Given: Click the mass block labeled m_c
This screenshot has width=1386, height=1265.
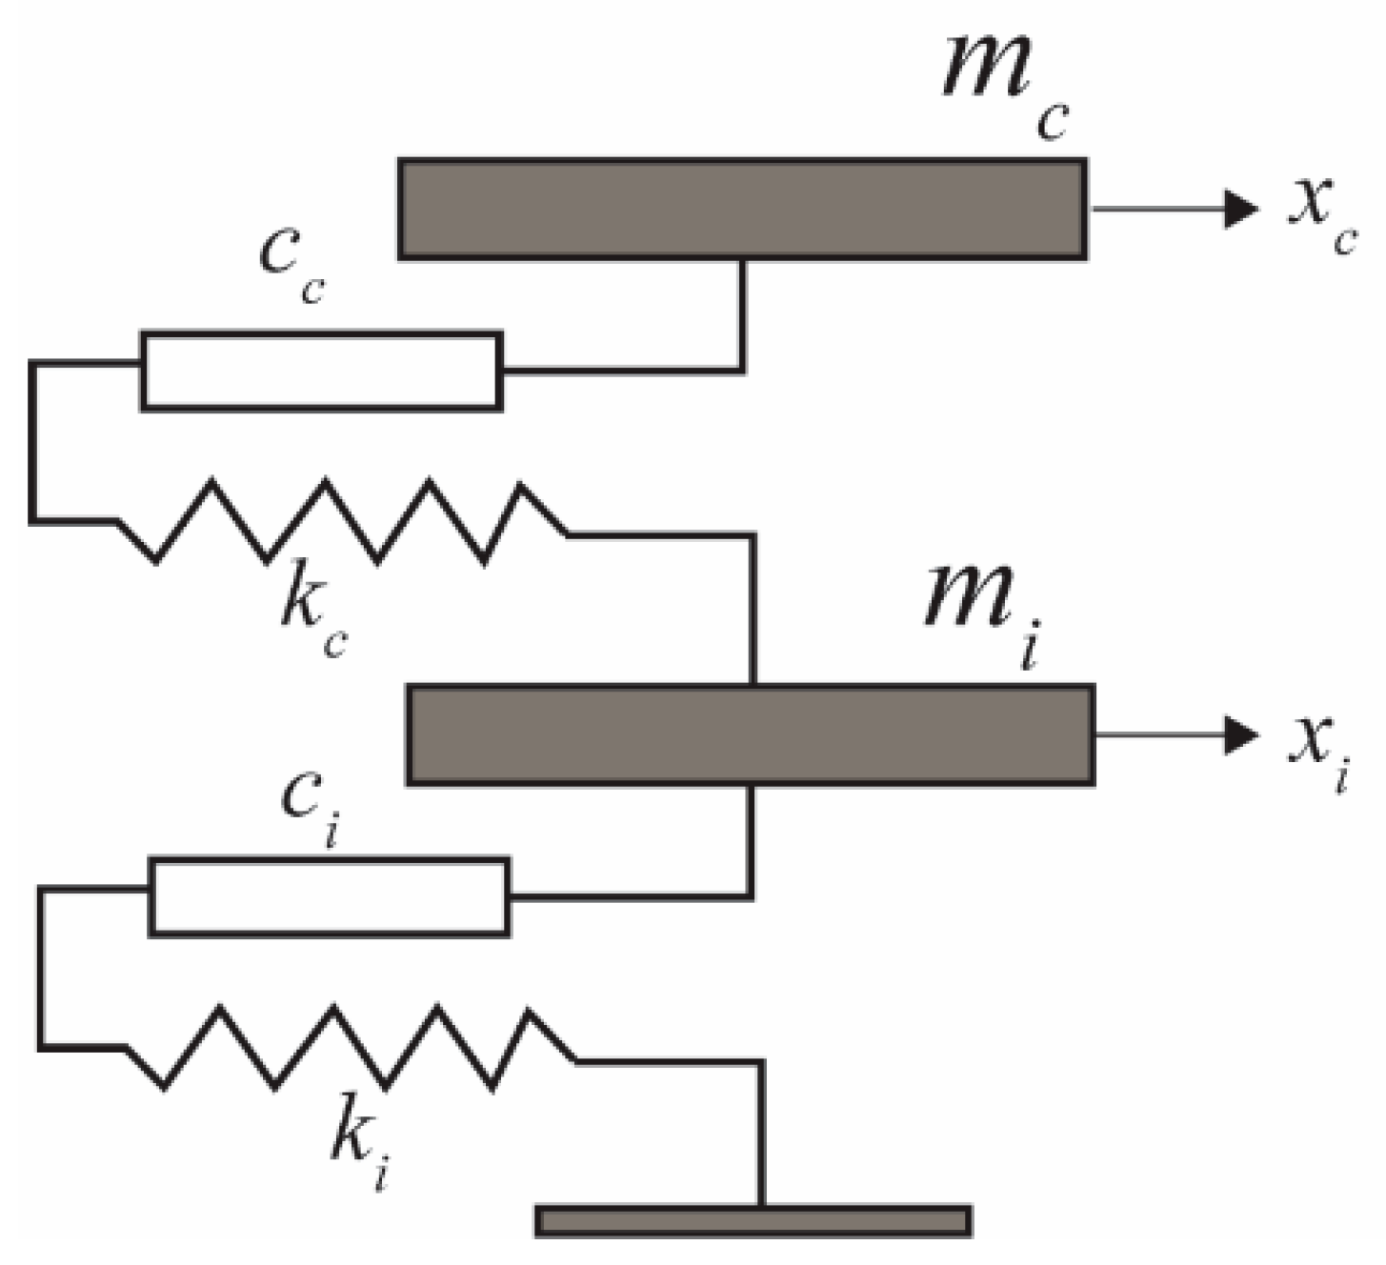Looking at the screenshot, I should [742, 209].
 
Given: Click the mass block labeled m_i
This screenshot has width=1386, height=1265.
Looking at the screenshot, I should [750, 734].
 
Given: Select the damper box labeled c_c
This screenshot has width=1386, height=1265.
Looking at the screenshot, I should [322, 371].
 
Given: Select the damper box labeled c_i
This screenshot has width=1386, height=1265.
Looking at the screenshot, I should [329, 897].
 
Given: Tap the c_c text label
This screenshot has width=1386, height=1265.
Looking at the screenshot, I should [291, 266].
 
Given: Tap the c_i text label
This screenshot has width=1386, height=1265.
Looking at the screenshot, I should [311, 804].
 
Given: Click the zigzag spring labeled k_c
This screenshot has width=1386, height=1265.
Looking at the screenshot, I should [343, 522].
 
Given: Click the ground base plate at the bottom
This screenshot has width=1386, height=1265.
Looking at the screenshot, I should [753, 1220].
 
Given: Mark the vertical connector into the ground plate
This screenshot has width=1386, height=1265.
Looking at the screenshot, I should [762, 1134].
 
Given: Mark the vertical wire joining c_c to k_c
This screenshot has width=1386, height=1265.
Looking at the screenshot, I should [31, 442].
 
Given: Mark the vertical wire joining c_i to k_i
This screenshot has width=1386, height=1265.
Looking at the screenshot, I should [41, 968].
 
